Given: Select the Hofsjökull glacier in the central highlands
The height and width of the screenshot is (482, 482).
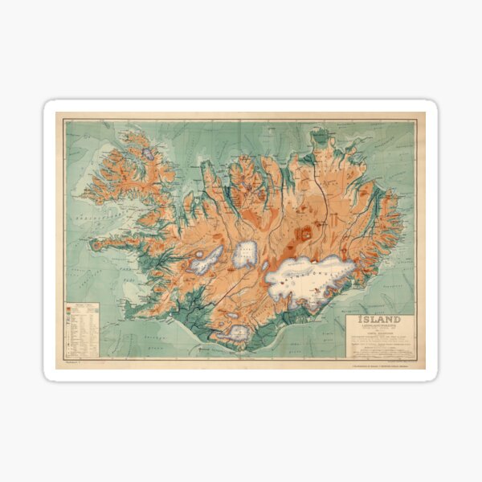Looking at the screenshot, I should (x=245, y=253).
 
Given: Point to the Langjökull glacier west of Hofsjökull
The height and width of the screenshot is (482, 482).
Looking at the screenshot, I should (x=207, y=259).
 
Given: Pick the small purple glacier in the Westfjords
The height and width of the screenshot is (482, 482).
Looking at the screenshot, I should (x=148, y=153).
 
